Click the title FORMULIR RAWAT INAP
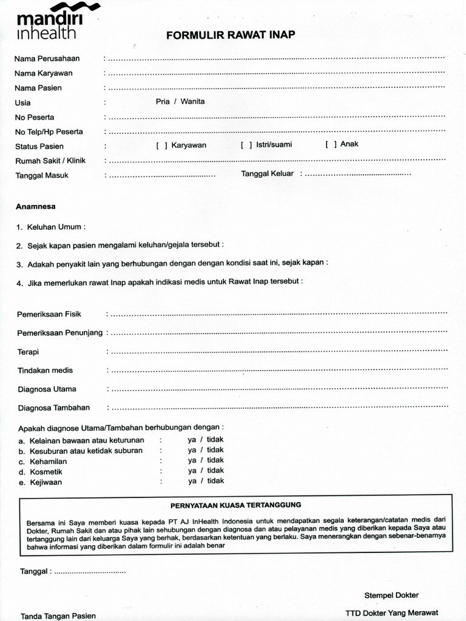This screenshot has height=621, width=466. (x=231, y=35)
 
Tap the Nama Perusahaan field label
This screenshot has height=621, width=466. (x=47, y=59)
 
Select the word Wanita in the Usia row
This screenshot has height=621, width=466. (x=192, y=101)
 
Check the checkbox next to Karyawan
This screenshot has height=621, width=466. (x=161, y=146)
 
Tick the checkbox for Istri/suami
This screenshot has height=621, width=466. (x=246, y=146)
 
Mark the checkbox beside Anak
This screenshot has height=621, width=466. (x=331, y=144)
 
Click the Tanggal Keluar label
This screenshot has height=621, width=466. (x=267, y=173)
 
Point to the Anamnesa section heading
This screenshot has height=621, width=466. (x=35, y=206)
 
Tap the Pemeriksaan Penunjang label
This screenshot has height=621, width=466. (x=59, y=333)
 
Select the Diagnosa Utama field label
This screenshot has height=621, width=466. (x=47, y=389)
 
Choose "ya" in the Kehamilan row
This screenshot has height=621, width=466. (x=192, y=460)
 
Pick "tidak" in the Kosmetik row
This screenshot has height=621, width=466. (x=215, y=471)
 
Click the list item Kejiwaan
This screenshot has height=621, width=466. (x=45, y=483)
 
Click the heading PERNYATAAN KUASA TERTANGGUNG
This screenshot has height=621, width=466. (x=235, y=505)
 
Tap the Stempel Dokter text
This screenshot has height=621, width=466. (x=391, y=595)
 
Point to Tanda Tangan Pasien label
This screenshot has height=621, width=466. (x=58, y=616)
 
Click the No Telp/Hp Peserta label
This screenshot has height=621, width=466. (x=49, y=132)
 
